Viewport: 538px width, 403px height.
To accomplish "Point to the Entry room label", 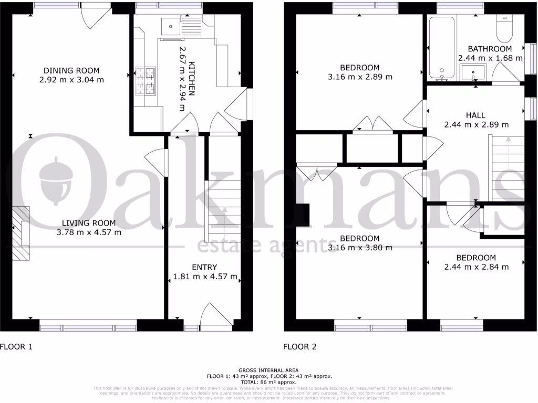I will pyautogui.click(x=204, y=267).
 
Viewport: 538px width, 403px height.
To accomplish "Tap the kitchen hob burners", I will pyautogui.click(x=146, y=81).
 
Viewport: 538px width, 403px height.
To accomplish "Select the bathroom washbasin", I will pyautogui.click(x=475, y=74).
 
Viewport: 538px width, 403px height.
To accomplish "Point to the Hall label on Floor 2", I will pyautogui.click(x=476, y=115).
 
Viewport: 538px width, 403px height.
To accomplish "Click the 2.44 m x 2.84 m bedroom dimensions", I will pyautogui.click(x=476, y=267).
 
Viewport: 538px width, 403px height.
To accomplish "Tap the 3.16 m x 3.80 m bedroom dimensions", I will pyautogui.click(x=359, y=247).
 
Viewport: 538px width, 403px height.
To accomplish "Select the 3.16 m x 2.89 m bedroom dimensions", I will pyautogui.click(x=359, y=77).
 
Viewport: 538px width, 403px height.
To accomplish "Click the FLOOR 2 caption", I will pyautogui.click(x=300, y=347).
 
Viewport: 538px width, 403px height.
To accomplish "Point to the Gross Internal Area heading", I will pyautogui.click(x=268, y=370).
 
